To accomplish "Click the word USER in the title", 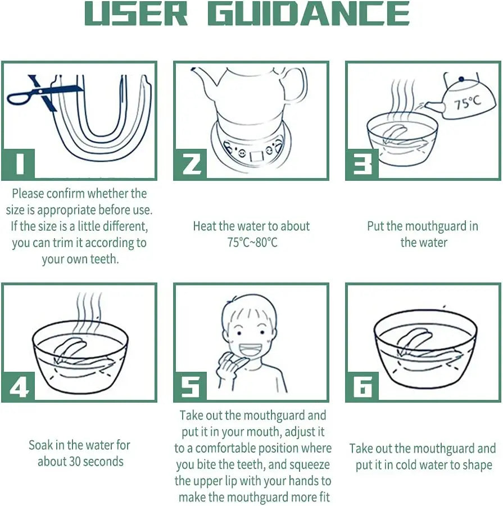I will [x=136, y=13].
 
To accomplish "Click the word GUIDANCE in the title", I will [x=308, y=13].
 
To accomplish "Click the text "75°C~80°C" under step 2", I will [x=251, y=243].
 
